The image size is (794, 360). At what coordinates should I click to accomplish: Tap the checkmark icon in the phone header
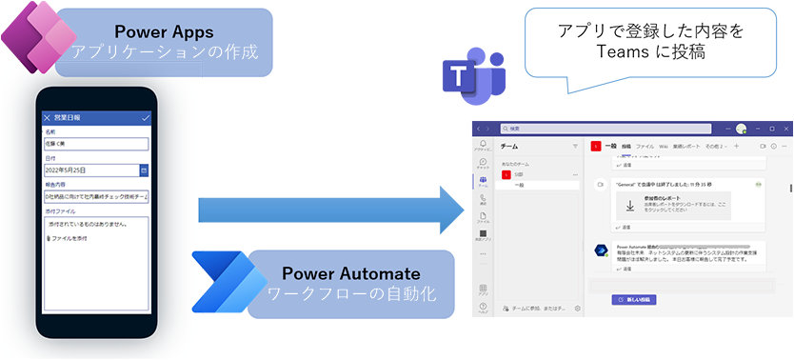[146, 117]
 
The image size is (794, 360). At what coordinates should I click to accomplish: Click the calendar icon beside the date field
[144, 170]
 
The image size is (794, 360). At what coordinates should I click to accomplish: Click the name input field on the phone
[95, 144]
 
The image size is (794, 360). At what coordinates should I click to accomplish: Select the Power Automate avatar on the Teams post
[601, 250]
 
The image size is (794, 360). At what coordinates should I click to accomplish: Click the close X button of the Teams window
[784, 128]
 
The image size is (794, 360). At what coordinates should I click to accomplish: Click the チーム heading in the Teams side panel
[508, 147]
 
